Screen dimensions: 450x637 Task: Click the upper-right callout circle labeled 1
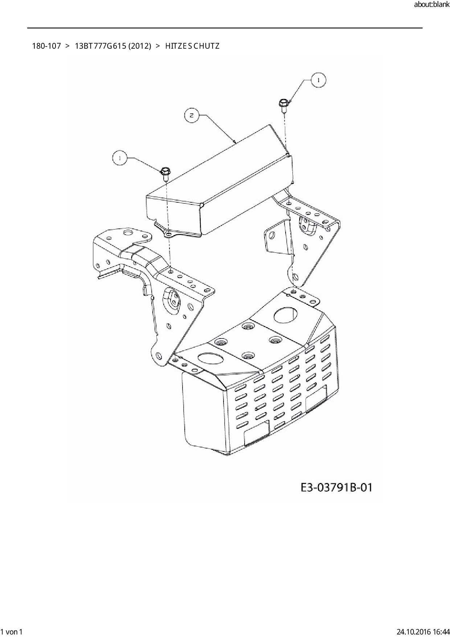[x=318, y=81]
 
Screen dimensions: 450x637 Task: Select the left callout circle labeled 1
[x=120, y=158]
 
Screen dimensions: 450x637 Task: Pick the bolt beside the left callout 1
[x=165, y=173]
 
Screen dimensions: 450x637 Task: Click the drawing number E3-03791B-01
[x=336, y=487]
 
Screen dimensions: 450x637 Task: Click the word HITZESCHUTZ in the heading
[x=192, y=46]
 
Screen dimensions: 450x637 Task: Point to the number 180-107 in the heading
[x=46, y=46]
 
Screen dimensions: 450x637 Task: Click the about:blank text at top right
[x=431, y=5]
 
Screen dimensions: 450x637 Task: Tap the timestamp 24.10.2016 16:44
[x=423, y=632]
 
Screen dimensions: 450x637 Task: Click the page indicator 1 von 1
[x=12, y=632]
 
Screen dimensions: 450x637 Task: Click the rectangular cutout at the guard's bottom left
[x=257, y=434]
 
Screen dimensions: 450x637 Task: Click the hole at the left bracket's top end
[x=128, y=232]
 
